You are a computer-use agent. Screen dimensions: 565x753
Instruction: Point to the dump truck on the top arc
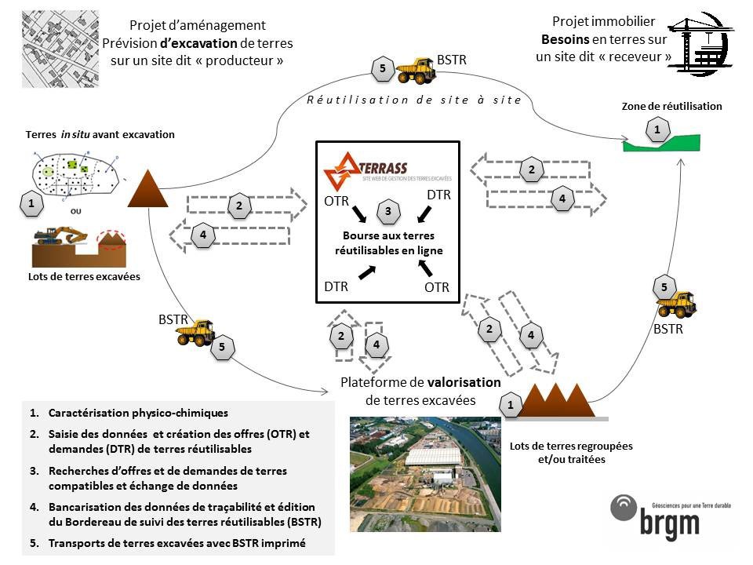click(x=416, y=71)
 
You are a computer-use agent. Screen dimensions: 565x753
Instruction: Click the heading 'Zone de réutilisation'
click(x=671, y=107)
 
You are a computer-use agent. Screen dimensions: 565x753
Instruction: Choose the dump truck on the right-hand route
click(x=677, y=304)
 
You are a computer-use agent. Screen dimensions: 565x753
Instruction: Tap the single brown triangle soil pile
click(x=146, y=189)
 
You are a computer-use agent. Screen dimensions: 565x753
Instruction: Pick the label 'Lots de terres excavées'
click(x=78, y=277)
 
